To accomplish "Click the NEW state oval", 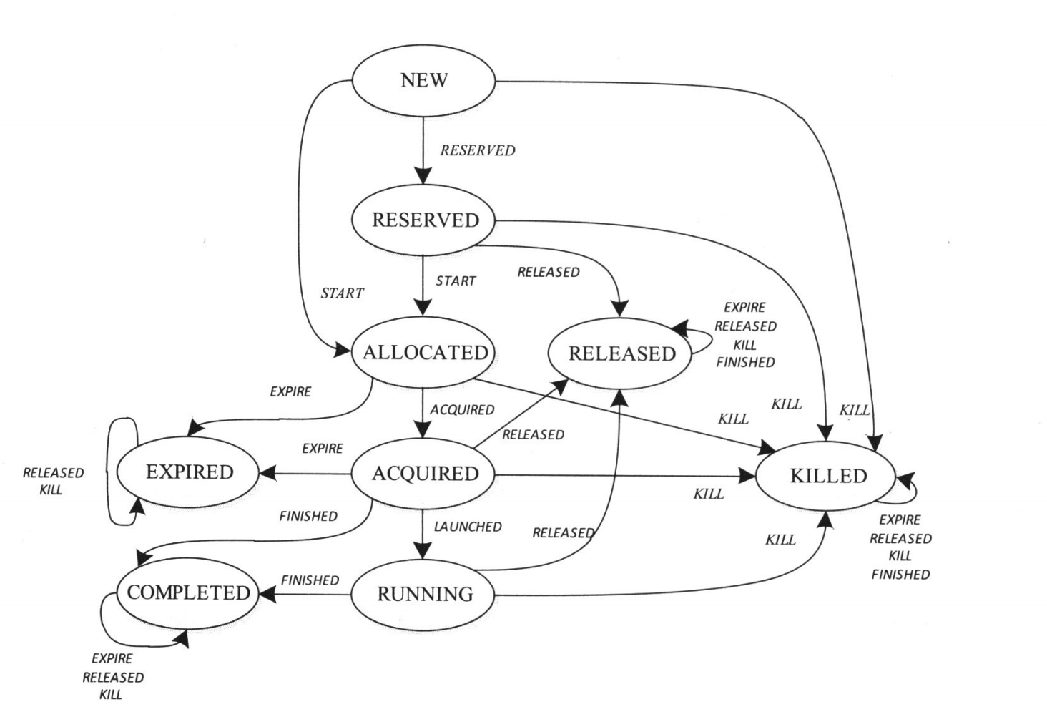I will (423, 80).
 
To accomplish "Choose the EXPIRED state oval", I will (190, 472).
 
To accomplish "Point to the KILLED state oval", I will (827, 476).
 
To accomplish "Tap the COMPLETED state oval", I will (188, 592).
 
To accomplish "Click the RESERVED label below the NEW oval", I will (477, 150).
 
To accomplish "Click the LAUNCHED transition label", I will (468, 527).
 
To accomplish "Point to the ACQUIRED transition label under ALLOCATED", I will (462, 410).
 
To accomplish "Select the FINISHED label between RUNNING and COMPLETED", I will (310, 580).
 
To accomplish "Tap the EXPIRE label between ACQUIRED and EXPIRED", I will (322, 449).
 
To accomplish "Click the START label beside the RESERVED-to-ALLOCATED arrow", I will (456, 281).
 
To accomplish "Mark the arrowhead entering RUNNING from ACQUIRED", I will (423, 550).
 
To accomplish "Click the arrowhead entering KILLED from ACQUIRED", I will (747, 475).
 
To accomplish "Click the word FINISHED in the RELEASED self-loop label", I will (745, 363).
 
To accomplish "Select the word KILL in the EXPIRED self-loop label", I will (51, 490).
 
